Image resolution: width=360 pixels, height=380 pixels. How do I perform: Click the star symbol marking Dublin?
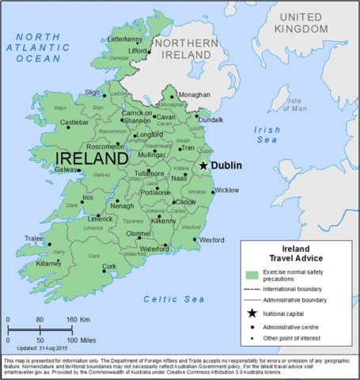coord(203,165)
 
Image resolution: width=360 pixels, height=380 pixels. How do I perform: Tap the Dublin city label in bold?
coord(225,166)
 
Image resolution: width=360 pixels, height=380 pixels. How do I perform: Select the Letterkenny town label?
coord(124,39)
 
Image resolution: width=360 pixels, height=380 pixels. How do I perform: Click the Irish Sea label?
coord(267,135)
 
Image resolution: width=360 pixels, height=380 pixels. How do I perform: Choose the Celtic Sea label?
coord(174,299)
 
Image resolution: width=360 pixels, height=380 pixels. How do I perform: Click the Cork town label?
coord(109,266)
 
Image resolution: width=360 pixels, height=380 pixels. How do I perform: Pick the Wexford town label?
coord(212,239)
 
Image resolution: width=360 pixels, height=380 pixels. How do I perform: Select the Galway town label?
coord(66,169)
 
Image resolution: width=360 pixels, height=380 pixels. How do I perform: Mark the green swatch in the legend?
coord(252,275)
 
